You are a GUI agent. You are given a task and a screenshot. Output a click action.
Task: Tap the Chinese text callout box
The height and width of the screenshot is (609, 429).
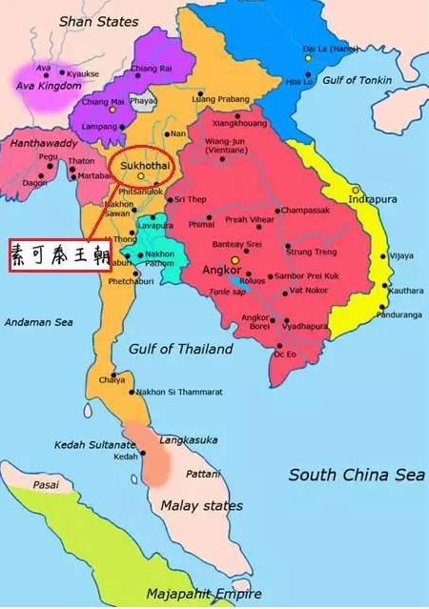coord(54,254)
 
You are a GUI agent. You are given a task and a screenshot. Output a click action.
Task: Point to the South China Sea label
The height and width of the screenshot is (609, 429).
coord(357,474)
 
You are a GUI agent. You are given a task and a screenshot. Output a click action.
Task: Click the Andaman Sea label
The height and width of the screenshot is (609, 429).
coord(40,322)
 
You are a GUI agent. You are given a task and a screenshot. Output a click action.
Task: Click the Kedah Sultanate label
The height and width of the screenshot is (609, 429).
coord(94,444)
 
